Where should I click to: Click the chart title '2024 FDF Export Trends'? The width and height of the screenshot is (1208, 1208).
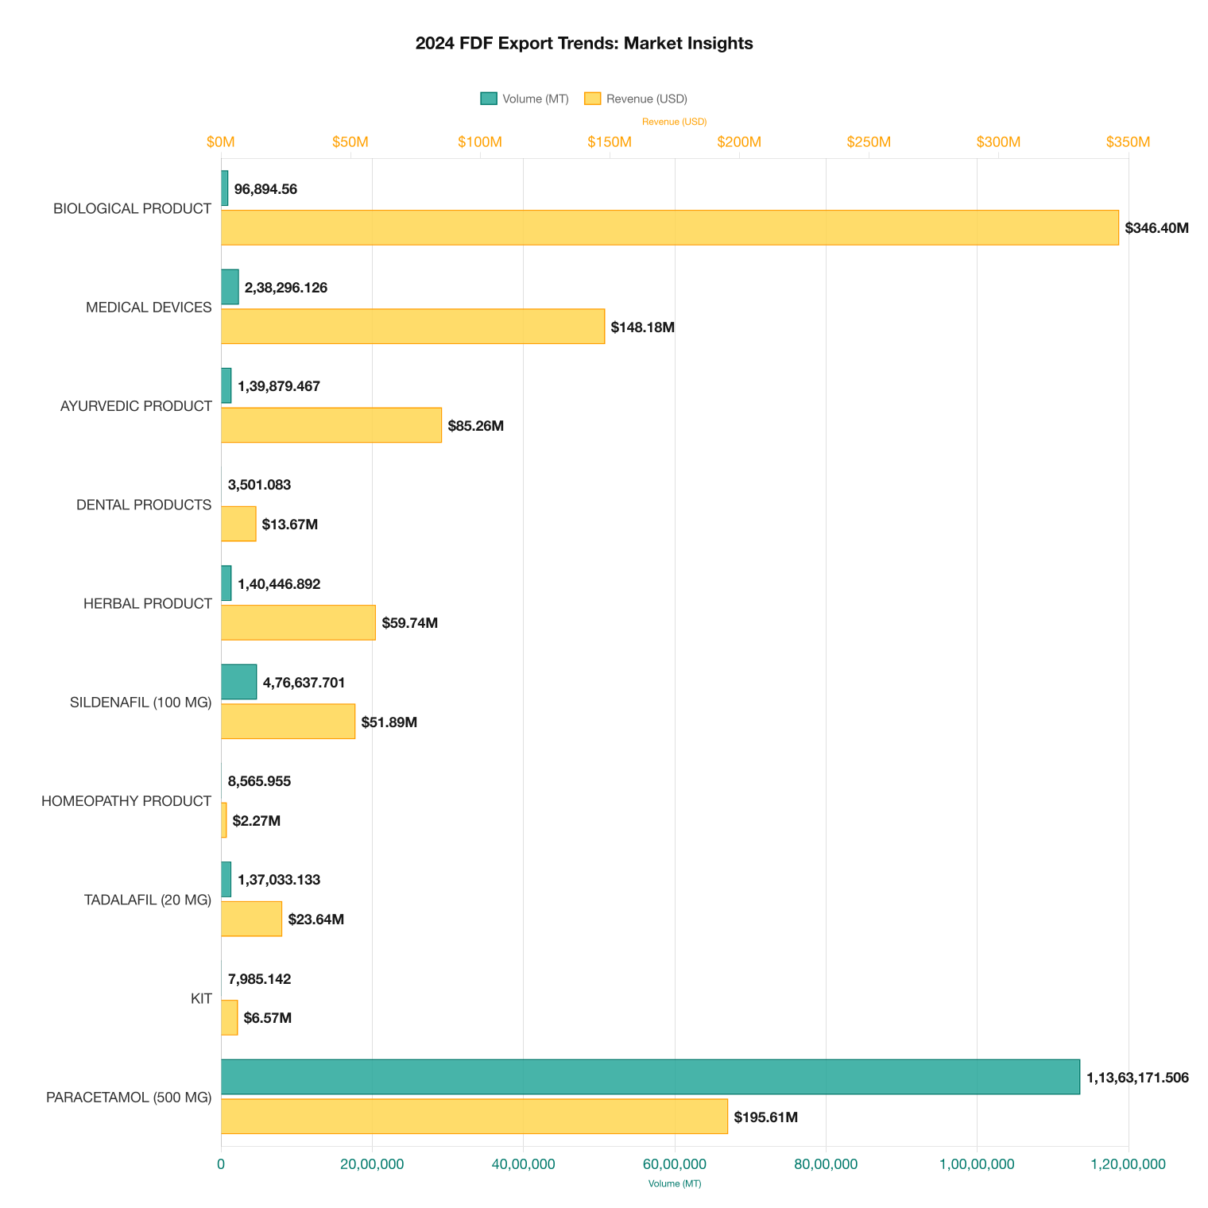pos(583,44)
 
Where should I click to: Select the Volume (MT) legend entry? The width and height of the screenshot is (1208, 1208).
pos(525,99)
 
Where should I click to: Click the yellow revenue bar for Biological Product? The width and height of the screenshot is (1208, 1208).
pos(669,228)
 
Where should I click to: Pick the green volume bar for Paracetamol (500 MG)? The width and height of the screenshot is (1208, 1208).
pos(650,1077)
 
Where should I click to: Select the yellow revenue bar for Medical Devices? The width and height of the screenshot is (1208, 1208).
pos(412,327)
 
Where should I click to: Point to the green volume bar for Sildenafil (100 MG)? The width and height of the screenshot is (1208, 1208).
pos(238,682)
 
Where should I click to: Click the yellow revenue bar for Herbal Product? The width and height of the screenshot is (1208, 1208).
pos(298,622)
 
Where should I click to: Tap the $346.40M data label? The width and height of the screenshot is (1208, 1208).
pos(1156,228)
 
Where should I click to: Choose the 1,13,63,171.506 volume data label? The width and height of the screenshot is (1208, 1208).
pos(1137,1078)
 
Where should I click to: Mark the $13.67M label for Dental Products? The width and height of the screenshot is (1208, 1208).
pos(290,525)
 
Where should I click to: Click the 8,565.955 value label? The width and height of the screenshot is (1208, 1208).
pos(259,781)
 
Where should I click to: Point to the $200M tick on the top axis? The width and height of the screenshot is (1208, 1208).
pos(739,142)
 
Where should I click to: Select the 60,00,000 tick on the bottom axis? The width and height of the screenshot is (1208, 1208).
pos(675,1164)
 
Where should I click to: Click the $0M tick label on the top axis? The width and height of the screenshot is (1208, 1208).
pos(221,142)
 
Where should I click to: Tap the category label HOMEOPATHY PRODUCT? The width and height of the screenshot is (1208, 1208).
pos(126,801)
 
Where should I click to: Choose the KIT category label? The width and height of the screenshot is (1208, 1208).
pos(201,998)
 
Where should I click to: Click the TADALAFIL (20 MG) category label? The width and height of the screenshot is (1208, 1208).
pos(148,900)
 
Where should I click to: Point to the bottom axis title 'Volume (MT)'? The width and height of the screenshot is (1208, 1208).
pos(675,1183)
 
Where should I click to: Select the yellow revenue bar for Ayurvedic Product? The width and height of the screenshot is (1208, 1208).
pos(331,425)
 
